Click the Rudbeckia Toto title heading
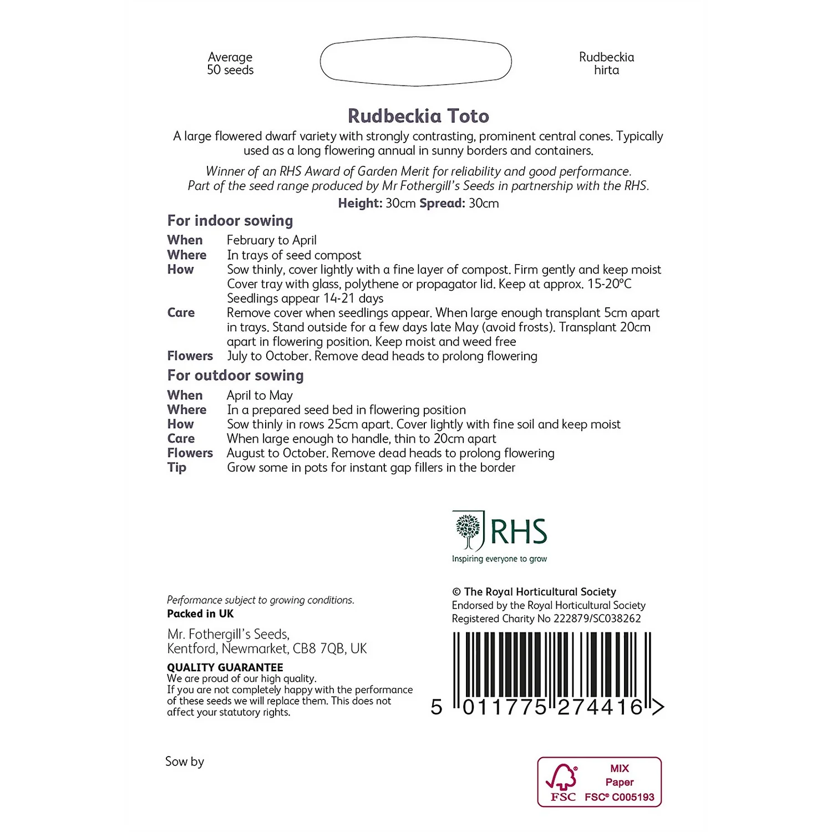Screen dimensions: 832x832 click(x=418, y=116)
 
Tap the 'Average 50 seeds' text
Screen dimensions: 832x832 click(x=230, y=64)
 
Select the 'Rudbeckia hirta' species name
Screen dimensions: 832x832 click(x=606, y=64)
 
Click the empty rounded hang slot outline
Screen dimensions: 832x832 click(x=415, y=62)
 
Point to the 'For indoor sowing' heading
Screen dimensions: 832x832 click(x=230, y=221)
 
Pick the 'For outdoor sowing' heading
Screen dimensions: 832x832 click(x=235, y=376)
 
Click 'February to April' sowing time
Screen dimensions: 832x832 click(x=272, y=240)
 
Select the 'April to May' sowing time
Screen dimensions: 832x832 click(x=260, y=395)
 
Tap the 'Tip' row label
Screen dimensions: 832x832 click(x=177, y=468)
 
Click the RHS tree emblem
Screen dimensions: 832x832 click(x=468, y=531)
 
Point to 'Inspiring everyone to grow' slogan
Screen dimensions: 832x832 click(x=499, y=559)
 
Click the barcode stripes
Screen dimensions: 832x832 click(x=552, y=666)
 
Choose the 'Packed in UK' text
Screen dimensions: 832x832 click(x=200, y=613)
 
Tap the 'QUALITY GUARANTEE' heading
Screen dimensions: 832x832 click(x=225, y=667)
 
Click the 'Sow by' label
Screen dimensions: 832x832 click(x=185, y=762)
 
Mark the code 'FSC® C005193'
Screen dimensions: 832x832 click(x=620, y=797)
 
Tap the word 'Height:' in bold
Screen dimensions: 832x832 click(x=360, y=203)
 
